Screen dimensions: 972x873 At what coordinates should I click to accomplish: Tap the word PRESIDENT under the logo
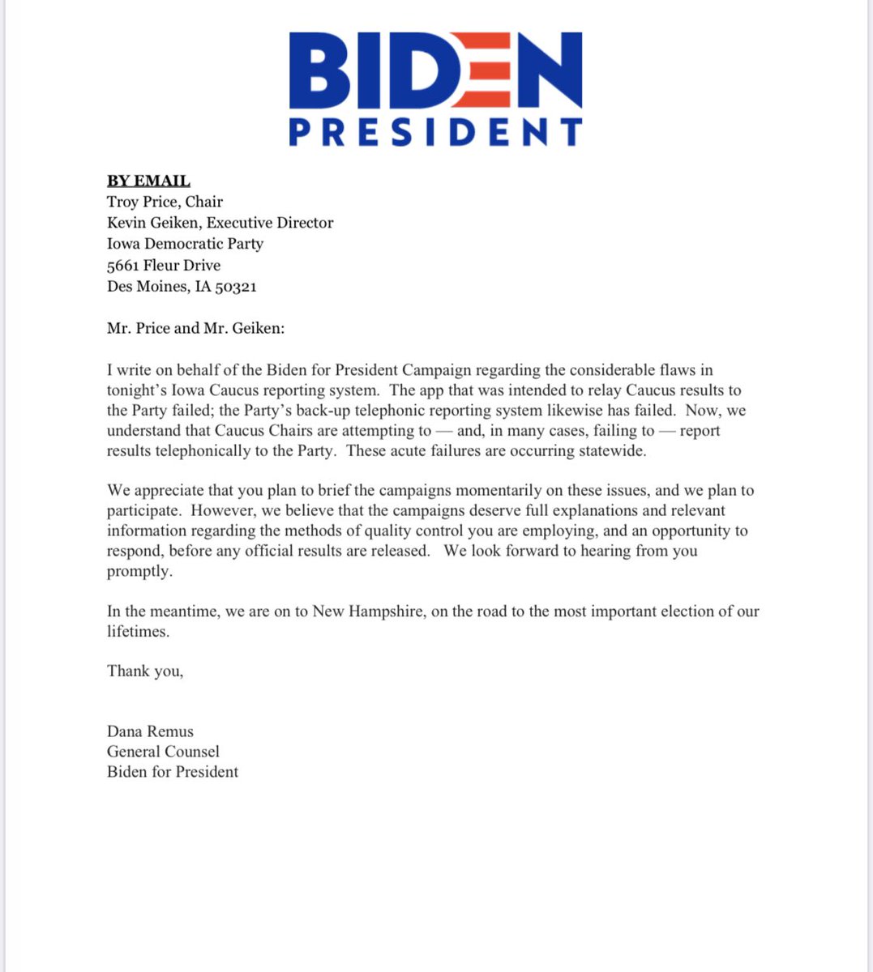point(435,132)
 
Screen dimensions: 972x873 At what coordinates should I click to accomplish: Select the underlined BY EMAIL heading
point(148,181)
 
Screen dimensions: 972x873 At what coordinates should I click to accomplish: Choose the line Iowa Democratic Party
point(185,244)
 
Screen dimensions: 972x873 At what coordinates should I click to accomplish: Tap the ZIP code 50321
point(235,287)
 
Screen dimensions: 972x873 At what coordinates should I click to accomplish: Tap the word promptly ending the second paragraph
point(139,571)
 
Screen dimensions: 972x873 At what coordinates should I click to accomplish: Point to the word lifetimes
point(138,631)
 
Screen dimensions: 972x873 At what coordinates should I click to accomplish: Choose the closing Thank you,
point(145,671)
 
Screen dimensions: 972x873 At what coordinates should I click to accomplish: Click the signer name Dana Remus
point(150,731)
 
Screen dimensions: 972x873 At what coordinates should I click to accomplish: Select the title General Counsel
point(163,752)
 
